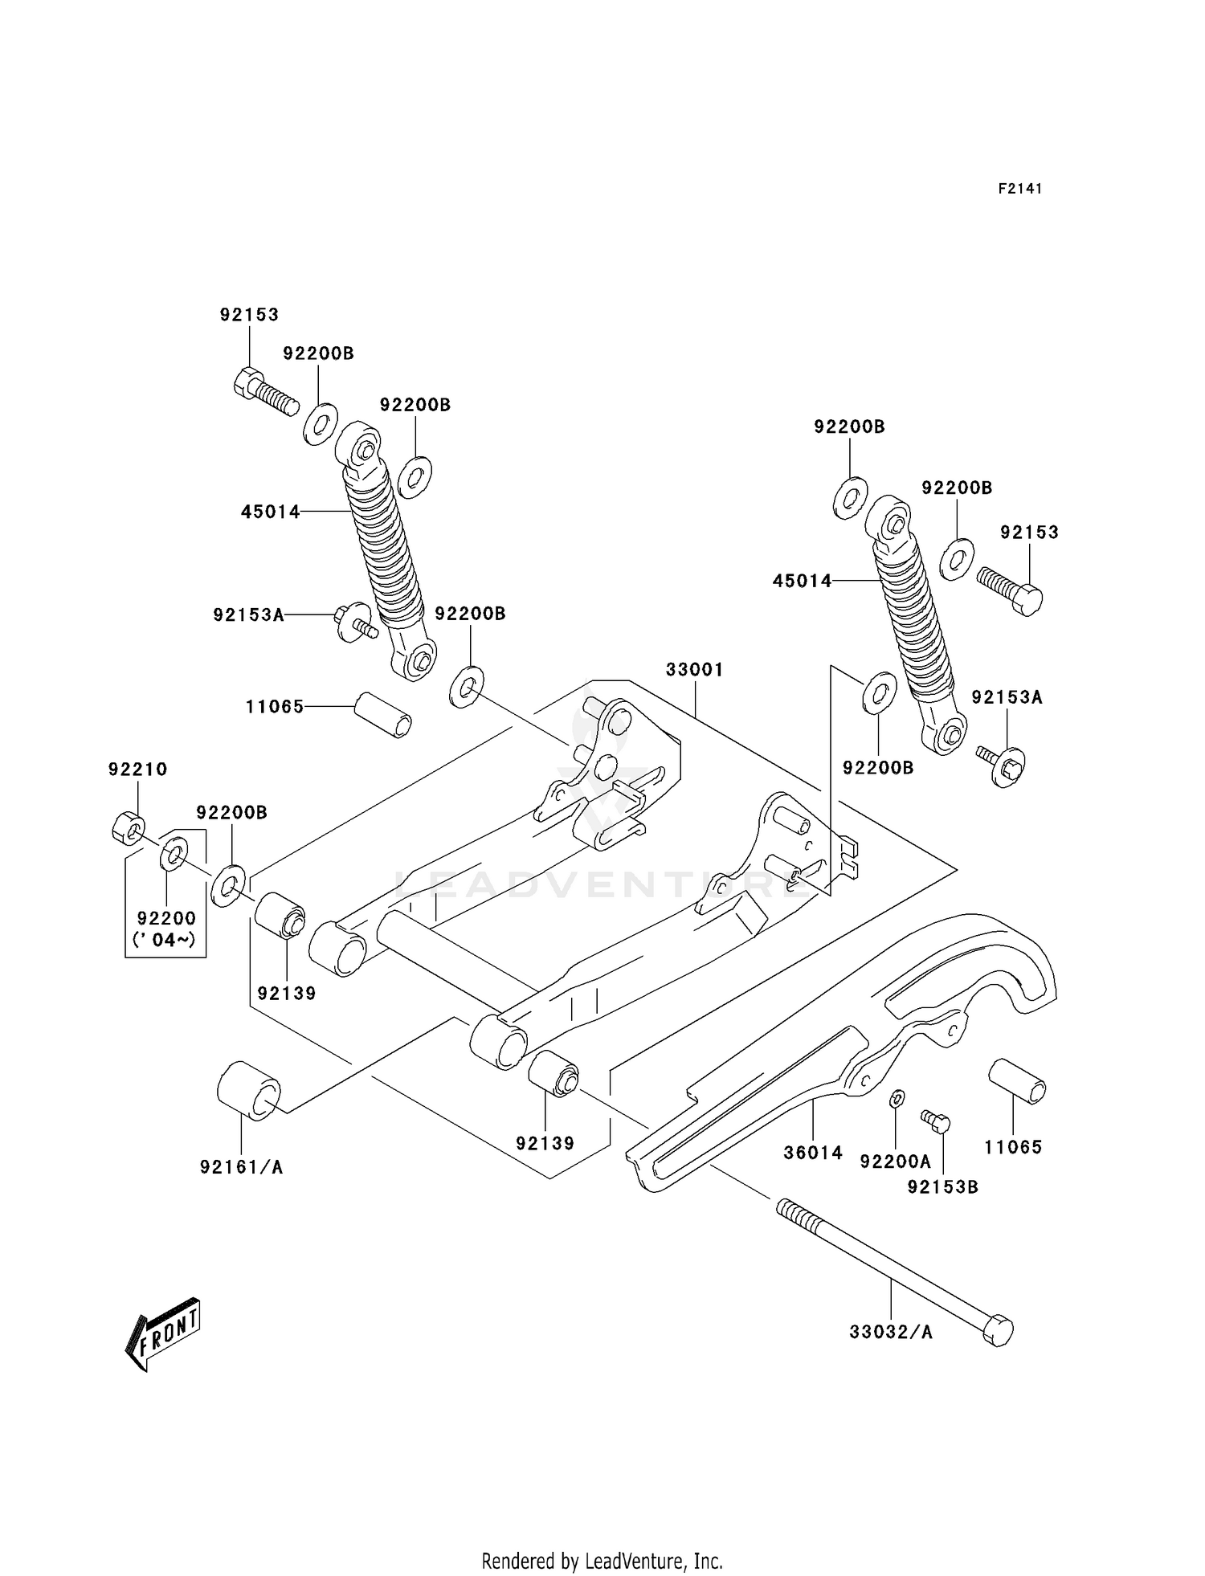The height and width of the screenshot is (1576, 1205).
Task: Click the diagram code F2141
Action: point(1019,189)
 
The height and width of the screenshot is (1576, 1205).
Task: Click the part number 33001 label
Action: point(694,669)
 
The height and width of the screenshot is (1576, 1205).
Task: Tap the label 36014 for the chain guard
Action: point(813,1153)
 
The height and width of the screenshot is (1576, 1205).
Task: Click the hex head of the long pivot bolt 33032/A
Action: point(999,1330)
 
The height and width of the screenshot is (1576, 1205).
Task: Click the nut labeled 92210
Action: point(128,827)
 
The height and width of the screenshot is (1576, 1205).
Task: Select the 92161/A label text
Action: point(241,1167)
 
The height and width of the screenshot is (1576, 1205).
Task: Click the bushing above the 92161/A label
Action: point(249,1090)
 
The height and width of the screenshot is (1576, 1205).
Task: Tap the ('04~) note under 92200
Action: point(164,939)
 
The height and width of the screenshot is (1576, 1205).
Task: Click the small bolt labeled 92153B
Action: point(936,1121)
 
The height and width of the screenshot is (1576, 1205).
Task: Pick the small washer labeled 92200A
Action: point(898,1097)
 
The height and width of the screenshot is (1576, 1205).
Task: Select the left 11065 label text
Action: point(275,707)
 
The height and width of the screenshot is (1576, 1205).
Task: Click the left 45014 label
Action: point(270,511)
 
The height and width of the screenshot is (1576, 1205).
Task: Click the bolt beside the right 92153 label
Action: point(1011,589)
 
